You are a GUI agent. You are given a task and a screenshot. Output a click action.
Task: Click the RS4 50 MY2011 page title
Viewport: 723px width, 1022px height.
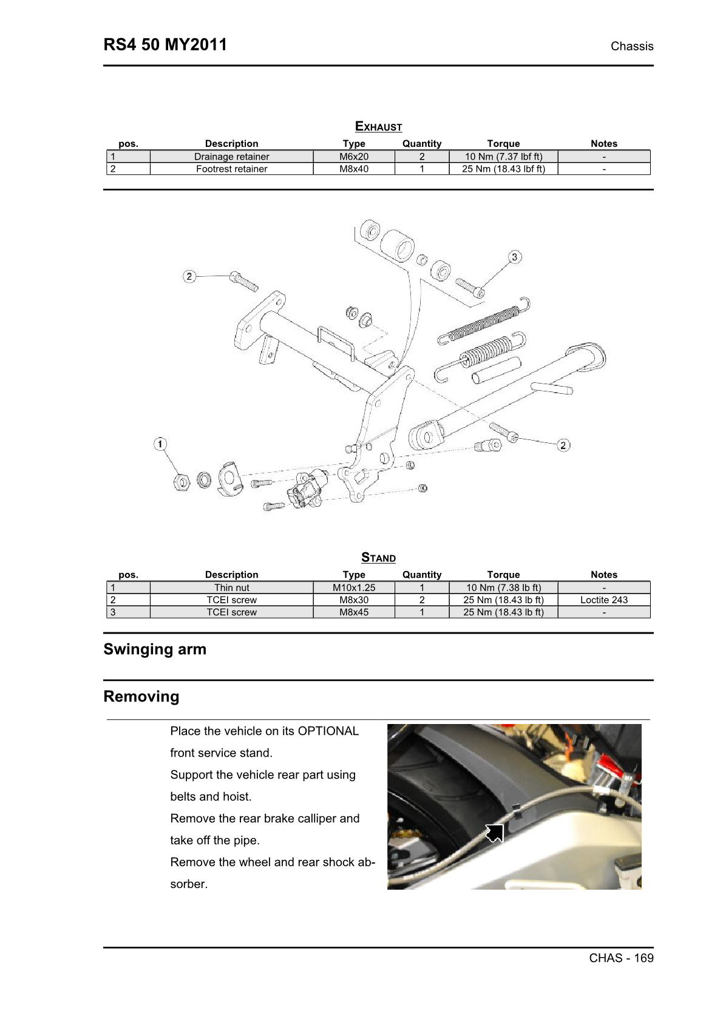165,45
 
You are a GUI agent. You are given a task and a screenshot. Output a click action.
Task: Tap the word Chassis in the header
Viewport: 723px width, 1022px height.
631,46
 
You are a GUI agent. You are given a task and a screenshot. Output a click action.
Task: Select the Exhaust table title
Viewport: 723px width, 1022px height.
378,126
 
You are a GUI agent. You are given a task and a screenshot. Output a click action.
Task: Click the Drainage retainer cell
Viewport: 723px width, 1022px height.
231,157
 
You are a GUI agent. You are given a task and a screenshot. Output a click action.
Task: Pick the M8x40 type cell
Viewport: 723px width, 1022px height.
354,169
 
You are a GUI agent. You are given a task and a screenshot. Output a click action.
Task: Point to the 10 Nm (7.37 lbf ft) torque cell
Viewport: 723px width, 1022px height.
503,157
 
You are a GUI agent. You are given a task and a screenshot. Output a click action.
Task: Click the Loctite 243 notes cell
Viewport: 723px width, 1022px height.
603,600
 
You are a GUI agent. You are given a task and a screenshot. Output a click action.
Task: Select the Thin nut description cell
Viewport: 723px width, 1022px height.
231,587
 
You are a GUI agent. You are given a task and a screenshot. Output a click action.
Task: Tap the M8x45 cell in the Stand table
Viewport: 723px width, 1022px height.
354,612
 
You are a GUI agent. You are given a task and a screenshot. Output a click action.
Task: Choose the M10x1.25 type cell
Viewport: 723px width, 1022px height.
354,587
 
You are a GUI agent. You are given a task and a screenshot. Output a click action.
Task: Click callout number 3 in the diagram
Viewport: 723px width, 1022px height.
514,257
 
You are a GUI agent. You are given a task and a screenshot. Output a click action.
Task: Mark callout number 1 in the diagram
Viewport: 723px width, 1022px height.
160,444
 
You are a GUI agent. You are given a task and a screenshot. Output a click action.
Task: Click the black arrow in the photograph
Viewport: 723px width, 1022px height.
495,833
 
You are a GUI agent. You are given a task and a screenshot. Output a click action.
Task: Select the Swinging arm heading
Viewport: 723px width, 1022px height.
155,649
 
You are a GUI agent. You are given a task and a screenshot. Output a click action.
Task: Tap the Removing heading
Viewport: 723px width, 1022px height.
141,696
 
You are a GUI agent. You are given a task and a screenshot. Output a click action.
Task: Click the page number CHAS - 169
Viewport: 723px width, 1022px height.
621,958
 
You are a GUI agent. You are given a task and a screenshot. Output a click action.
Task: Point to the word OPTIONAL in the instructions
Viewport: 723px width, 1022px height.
328,731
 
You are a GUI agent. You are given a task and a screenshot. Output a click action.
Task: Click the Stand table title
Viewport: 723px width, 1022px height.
378,557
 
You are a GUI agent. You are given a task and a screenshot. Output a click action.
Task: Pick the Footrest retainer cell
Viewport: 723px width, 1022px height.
231,169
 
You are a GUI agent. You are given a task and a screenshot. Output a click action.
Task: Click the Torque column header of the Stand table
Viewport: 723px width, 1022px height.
503,574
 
